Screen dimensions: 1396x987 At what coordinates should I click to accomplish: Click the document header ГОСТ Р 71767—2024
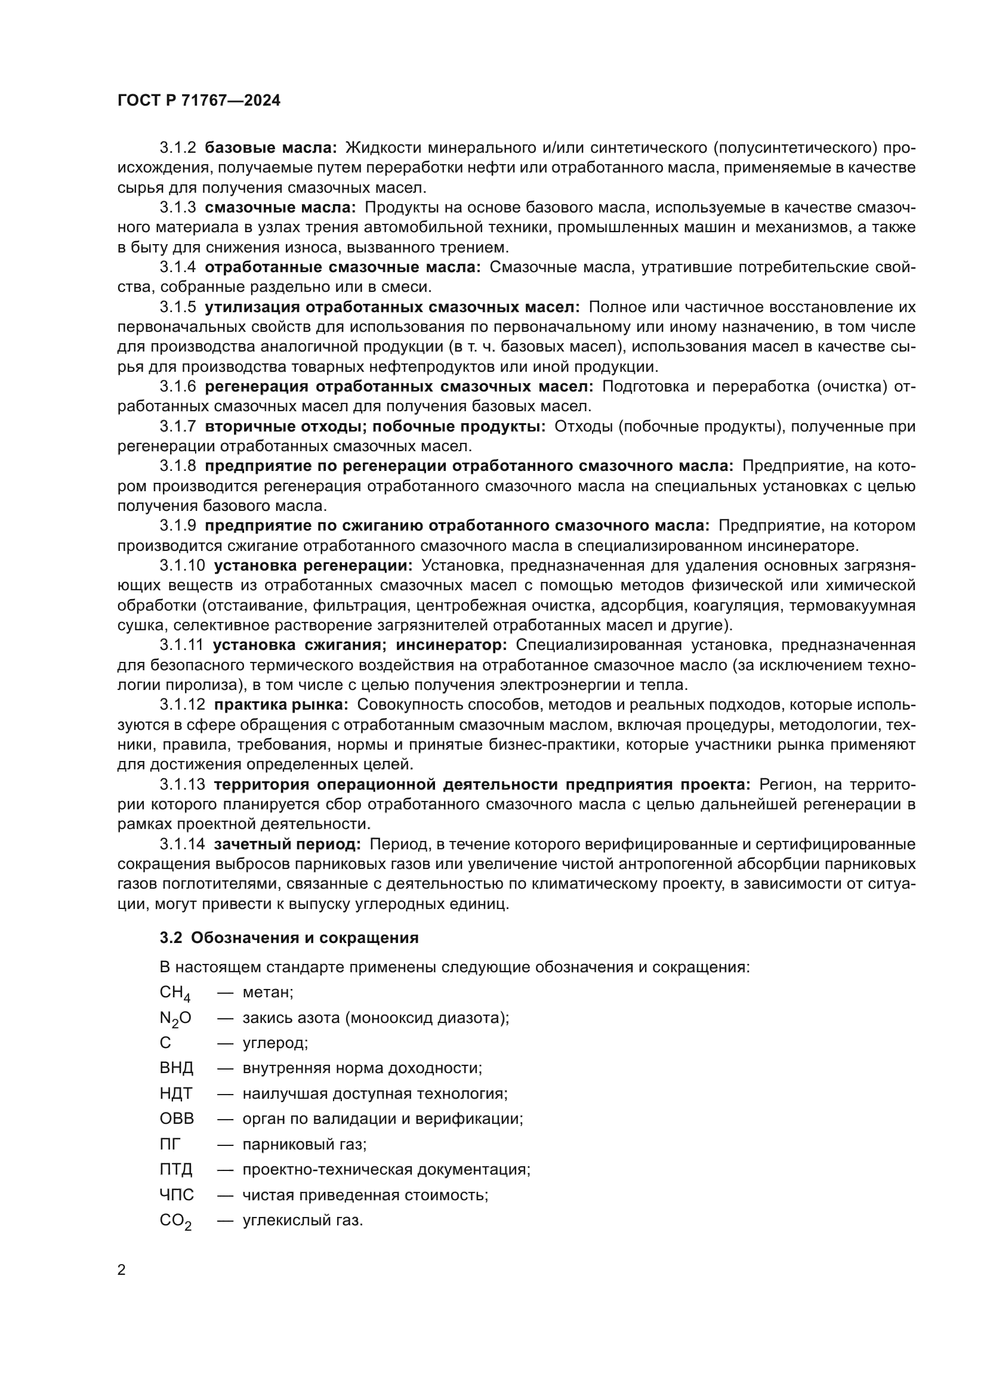coord(199,101)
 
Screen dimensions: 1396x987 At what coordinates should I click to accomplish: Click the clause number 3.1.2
coord(177,148)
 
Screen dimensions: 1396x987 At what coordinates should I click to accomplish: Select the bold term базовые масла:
coord(270,148)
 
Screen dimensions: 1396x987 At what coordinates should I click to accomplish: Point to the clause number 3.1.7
coord(177,427)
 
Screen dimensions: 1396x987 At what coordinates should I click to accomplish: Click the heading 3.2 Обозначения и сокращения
coord(289,938)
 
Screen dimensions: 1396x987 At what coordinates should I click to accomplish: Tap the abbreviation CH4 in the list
coord(175,993)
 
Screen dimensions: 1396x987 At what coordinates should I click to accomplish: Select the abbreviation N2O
coord(175,1018)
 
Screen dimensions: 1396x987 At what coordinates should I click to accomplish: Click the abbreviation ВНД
coord(176,1068)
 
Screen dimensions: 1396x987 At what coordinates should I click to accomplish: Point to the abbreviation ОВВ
coord(176,1118)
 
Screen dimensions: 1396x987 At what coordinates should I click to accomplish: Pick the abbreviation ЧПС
coord(177,1195)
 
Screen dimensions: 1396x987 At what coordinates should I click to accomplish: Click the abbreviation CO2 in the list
coord(175,1221)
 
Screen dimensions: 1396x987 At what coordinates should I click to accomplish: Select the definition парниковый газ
coord(304,1144)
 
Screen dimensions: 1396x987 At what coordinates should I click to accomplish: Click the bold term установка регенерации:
coord(313,565)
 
